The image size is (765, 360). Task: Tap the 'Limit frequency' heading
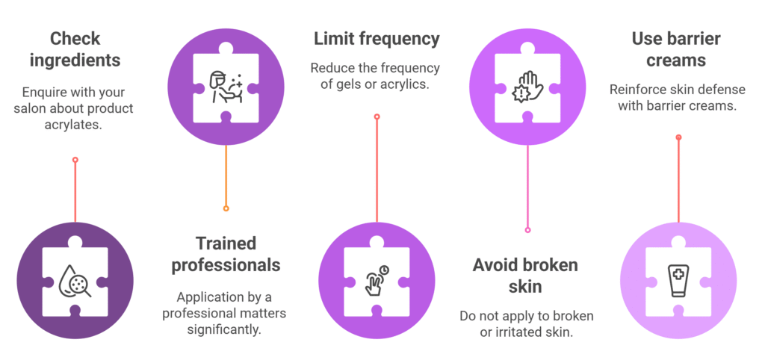[x=377, y=38]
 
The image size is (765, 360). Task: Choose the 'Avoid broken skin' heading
[x=525, y=276]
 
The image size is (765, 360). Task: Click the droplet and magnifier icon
[x=75, y=285]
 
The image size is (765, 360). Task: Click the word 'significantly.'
[x=224, y=329]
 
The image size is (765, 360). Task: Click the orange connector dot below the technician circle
[x=226, y=208]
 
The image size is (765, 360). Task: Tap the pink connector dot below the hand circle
[x=527, y=230]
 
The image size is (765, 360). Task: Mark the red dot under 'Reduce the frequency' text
[x=377, y=117]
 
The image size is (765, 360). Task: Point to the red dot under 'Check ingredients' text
[x=75, y=159]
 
